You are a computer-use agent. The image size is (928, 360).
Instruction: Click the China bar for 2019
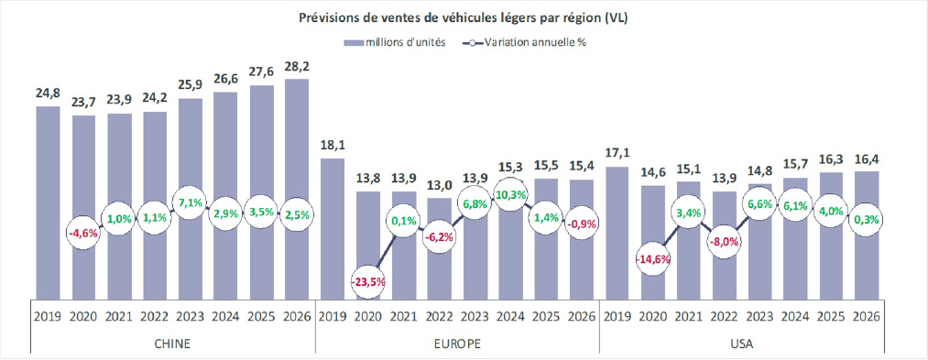48,202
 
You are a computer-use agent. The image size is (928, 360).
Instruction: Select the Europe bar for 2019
333,229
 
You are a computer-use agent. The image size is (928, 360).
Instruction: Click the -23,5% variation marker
368,282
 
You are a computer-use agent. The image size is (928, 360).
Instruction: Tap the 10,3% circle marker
510,195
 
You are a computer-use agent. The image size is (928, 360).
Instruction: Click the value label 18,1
333,146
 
